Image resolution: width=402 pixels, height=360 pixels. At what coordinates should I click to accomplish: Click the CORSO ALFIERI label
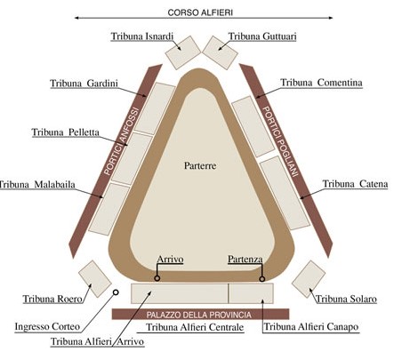(200, 12)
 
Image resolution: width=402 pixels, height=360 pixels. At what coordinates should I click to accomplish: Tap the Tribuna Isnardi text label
(142, 36)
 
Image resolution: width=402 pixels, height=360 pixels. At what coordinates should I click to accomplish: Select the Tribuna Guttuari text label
(262, 36)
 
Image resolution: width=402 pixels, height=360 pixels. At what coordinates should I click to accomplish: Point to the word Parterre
(200, 165)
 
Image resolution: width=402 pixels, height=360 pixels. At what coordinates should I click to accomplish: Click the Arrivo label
(170, 260)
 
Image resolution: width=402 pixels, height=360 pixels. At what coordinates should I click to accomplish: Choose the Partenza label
(245, 260)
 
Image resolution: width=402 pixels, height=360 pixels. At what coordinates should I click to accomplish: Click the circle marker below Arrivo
(157, 278)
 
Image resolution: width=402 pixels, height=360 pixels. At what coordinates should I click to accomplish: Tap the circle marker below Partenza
(261, 279)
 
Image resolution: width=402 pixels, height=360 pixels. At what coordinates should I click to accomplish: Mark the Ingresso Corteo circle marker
(116, 292)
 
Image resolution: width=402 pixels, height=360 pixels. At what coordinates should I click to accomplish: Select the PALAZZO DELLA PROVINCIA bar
(200, 314)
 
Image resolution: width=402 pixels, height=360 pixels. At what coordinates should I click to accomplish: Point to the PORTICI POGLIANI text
(280, 141)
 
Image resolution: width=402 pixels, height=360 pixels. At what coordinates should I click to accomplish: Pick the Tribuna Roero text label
(52, 299)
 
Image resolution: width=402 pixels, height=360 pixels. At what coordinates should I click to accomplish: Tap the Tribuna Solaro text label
(346, 299)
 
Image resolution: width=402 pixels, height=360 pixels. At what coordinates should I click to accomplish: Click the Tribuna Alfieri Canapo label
(311, 327)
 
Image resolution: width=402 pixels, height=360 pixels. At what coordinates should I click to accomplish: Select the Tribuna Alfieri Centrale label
(195, 327)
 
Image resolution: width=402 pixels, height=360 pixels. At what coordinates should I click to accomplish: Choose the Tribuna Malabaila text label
(37, 185)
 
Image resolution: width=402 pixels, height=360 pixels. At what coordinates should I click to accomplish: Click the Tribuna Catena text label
(355, 184)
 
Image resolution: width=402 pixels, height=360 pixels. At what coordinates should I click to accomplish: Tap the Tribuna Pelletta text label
(66, 132)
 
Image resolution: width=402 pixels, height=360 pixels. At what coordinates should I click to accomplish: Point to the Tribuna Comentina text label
(321, 83)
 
